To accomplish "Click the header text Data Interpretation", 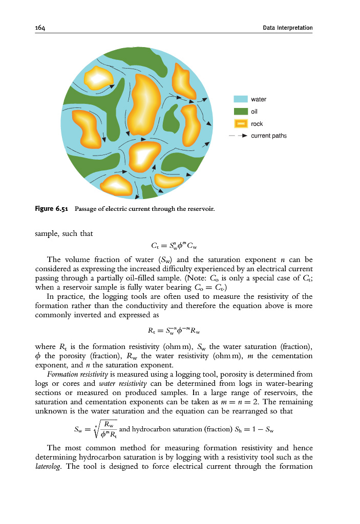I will pyautogui.click(x=287, y=27).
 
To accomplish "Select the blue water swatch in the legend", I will pyautogui.click(x=241, y=99).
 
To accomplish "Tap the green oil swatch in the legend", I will pyautogui.click(x=241, y=111).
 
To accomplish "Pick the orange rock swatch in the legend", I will pyautogui.click(x=241, y=123).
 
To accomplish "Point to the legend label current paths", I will pyautogui.click(x=269, y=136).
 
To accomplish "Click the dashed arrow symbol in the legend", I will pyautogui.click(x=239, y=136).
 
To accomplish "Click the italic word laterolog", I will pyautogui.click(x=60, y=465).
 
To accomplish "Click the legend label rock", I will pyautogui.click(x=257, y=124).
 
